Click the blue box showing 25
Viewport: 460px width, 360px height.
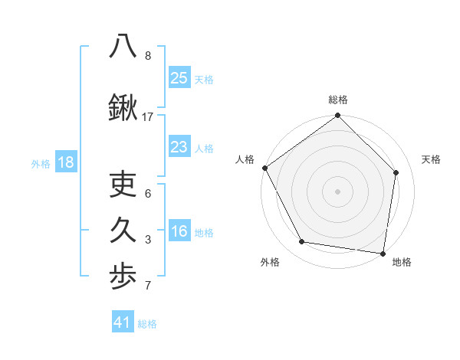pos(179,78)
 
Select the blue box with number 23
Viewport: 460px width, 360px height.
pos(179,147)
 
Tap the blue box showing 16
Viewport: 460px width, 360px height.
pos(179,231)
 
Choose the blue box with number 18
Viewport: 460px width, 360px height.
pos(65,162)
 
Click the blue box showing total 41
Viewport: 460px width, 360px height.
pos(123,322)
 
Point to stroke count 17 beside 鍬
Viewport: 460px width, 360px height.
pos(148,117)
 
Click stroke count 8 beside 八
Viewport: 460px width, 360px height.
pos(148,56)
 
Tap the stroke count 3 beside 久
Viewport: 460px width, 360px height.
pos(148,240)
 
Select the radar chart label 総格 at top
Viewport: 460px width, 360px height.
pos(338,100)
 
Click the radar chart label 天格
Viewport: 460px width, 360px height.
pos(431,159)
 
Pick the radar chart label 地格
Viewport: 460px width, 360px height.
pos(402,262)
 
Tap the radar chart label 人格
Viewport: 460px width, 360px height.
pos(245,159)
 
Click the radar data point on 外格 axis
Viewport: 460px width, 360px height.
pos(302,242)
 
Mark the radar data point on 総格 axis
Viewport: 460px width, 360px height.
pos(338,116)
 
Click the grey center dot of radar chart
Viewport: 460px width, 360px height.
pos(338,191)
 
